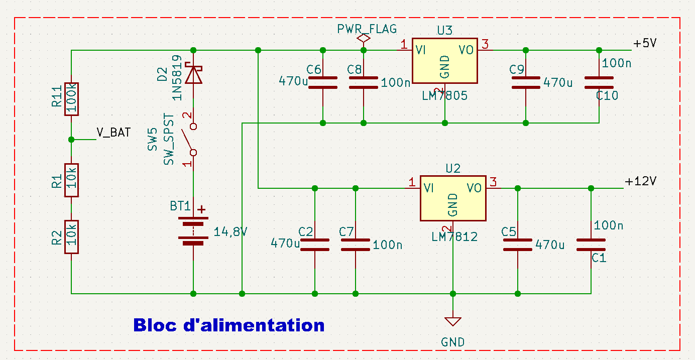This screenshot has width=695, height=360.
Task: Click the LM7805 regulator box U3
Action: click(444, 61)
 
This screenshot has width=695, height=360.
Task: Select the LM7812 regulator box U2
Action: click(452, 198)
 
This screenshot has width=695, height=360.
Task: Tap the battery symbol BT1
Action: click(193, 231)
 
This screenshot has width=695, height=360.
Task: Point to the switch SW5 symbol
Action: click(190, 138)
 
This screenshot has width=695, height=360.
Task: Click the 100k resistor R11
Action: click(71, 99)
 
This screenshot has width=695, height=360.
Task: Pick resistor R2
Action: click(71, 237)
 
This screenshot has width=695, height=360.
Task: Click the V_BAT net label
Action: click(113, 133)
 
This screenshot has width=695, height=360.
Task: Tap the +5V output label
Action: click(645, 44)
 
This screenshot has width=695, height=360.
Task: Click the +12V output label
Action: click(641, 181)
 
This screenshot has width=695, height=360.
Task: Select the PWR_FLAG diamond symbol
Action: click(364, 38)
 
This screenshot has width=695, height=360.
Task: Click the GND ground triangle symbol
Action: click(453, 321)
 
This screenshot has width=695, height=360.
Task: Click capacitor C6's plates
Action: click(322, 82)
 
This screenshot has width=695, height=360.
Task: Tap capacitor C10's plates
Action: click(599, 82)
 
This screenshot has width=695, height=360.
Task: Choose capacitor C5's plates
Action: click(518, 245)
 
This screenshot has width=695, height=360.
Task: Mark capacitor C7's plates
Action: click(356, 245)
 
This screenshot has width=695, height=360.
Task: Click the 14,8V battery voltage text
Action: click(230, 232)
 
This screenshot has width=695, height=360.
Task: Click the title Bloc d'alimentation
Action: click(229, 325)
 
